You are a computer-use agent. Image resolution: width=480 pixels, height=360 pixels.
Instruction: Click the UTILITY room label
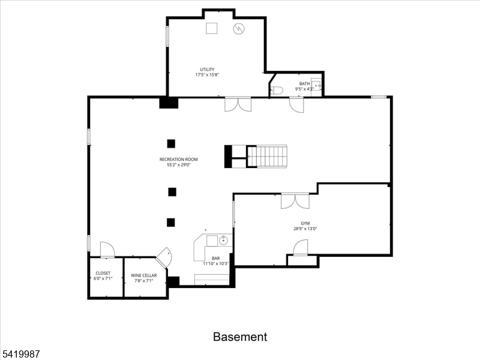point(207,70)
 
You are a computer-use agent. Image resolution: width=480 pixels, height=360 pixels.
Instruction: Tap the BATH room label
point(305,83)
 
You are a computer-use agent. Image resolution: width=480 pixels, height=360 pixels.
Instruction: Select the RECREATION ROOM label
point(178,159)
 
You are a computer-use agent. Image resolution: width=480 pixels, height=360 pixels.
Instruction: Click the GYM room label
point(305,223)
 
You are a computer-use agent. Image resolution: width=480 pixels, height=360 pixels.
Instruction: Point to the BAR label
point(215,258)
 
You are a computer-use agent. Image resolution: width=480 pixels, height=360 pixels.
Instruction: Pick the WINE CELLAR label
point(144,275)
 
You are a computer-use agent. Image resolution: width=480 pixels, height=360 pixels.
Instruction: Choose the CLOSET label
point(103,273)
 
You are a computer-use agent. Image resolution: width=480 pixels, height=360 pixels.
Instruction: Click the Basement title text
point(240,337)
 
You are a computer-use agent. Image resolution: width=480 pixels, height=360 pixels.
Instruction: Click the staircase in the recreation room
point(268,157)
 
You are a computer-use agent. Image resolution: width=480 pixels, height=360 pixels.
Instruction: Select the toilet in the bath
point(277,91)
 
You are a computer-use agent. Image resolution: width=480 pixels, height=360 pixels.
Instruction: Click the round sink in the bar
point(224,241)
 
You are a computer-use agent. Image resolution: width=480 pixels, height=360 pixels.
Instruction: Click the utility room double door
point(238,104)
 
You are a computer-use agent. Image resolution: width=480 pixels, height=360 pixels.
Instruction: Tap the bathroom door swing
point(297,105)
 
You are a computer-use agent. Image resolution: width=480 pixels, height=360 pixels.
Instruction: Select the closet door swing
point(107,250)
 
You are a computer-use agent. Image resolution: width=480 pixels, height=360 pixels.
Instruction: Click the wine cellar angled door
point(164,259)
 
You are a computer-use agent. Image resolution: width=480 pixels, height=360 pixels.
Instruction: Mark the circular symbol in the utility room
point(239,28)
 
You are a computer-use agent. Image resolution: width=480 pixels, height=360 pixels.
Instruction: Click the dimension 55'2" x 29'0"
point(178,165)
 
